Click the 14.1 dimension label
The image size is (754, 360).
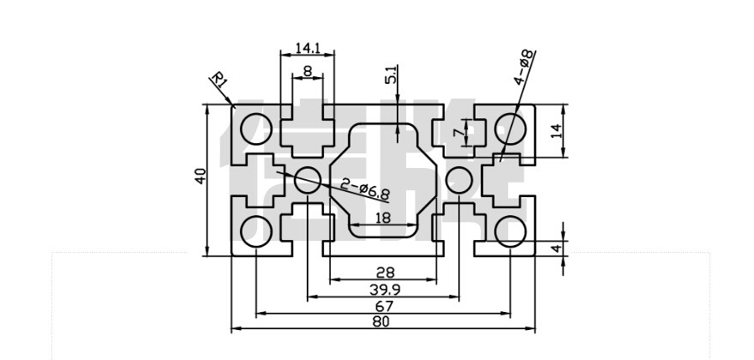tap(306, 48)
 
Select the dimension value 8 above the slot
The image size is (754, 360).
tap(307, 72)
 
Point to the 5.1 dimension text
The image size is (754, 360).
tap(392, 75)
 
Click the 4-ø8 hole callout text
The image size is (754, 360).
tap(524, 67)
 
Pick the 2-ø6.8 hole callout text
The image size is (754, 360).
tap(365, 189)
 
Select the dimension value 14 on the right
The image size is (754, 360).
tap(555, 131)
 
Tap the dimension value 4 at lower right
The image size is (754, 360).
tap(555, 248)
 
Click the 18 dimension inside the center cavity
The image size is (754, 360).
tap(383, 218)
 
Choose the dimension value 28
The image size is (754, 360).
tap(385, 272)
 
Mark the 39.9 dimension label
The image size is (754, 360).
tap(384, 289)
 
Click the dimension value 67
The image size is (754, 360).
tap(384, 306)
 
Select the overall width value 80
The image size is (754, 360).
tap(382, 322)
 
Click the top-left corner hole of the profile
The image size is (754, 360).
tap(255, 130)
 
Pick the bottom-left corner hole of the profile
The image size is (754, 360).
tap(255, 231)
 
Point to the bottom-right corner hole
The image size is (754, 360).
tap(512, 231)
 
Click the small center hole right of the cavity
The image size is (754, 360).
tap(459, 180)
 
